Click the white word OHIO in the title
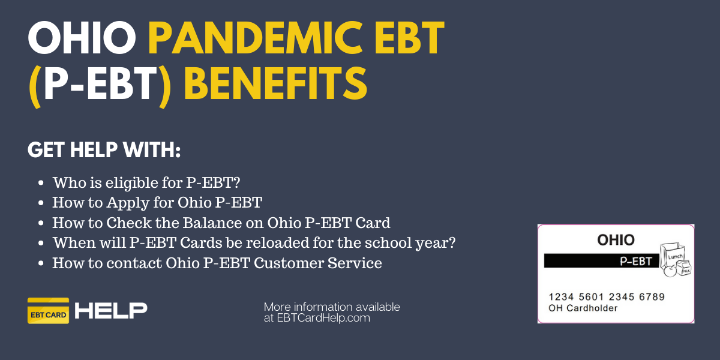click(82, 38)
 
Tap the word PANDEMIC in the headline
click(256, 38)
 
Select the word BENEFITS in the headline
click(276, 83)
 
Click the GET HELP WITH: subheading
click(104, 150)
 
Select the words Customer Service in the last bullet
click(317, 263)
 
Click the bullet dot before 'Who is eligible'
click(41, 183)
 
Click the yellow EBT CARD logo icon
click(48, 311)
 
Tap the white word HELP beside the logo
click(111, 311)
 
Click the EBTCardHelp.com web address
click(323, 318)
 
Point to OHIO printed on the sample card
click(616, 240)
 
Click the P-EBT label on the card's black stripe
click(635, 262)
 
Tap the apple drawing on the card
click(670, 271)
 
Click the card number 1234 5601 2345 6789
click(607, 296)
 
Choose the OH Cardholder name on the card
click(583, 308)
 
